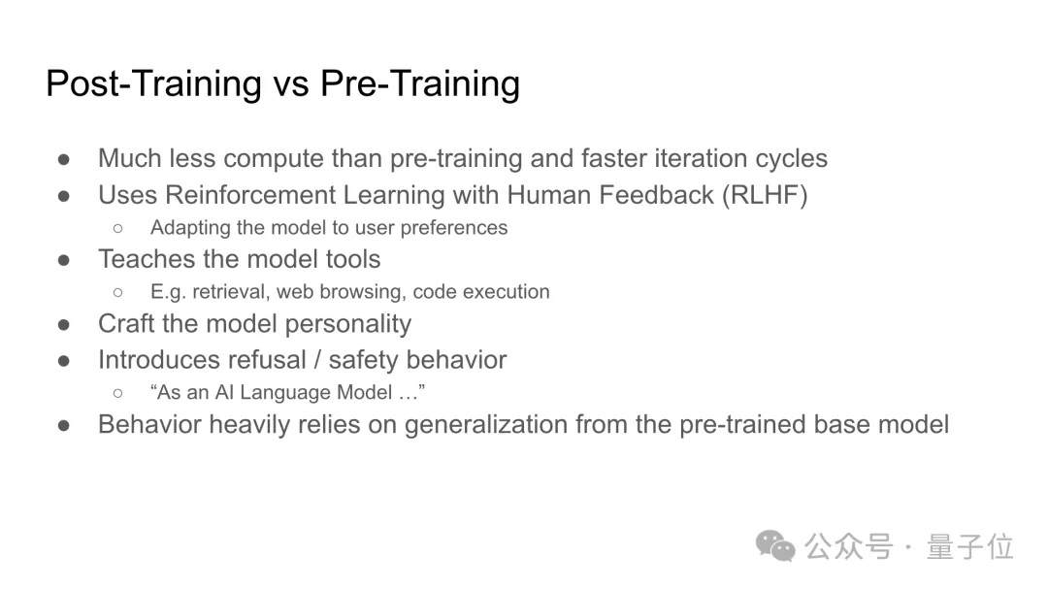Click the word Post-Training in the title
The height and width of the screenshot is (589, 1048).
click(153, 83)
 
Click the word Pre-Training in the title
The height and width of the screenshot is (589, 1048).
click(420, 83)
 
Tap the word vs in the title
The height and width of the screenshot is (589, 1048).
click(291, 86)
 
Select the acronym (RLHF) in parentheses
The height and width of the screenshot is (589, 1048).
click(765, 195)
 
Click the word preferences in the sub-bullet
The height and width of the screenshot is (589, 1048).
click(454, 228)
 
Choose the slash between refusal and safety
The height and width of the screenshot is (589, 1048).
click(317, 360)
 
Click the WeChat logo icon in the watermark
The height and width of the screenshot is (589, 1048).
click(775, 546)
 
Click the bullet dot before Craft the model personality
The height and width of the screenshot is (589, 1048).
click(64, 324)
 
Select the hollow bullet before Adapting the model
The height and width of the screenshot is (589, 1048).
click(118, 229)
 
